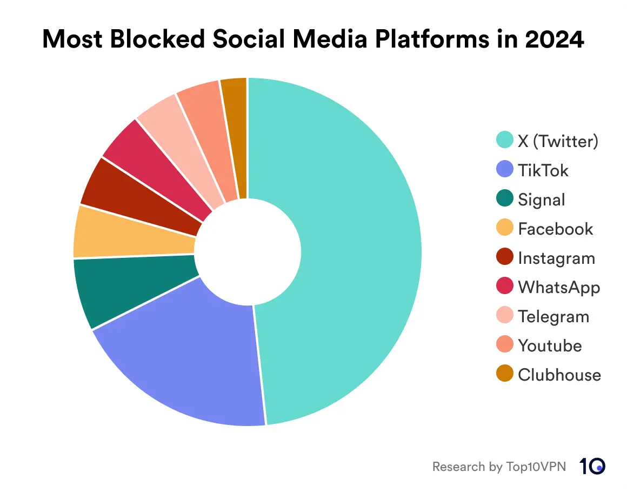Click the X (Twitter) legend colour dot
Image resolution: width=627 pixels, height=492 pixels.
(x=504, y=141)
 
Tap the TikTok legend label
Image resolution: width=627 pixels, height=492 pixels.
(x=543, y=170)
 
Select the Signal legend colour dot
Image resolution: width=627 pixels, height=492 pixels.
(x=504, y=200)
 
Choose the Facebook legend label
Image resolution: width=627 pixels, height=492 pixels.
(x=555, y=229)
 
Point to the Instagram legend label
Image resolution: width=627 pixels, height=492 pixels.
(x=556, y=258)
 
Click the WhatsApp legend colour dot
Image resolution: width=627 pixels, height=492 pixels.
(x=504, y=287)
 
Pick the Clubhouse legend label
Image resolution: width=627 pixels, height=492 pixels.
(x=559, y=375)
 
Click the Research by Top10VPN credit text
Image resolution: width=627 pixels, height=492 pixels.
(x=499, y=466)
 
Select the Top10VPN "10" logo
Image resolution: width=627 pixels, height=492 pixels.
(x=592, y=466)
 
